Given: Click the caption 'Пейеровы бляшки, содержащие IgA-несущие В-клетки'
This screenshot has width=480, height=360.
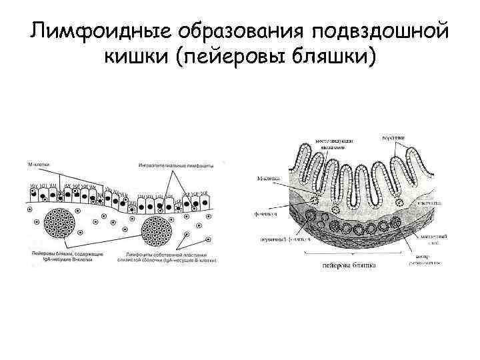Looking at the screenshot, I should tap(67, 257).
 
